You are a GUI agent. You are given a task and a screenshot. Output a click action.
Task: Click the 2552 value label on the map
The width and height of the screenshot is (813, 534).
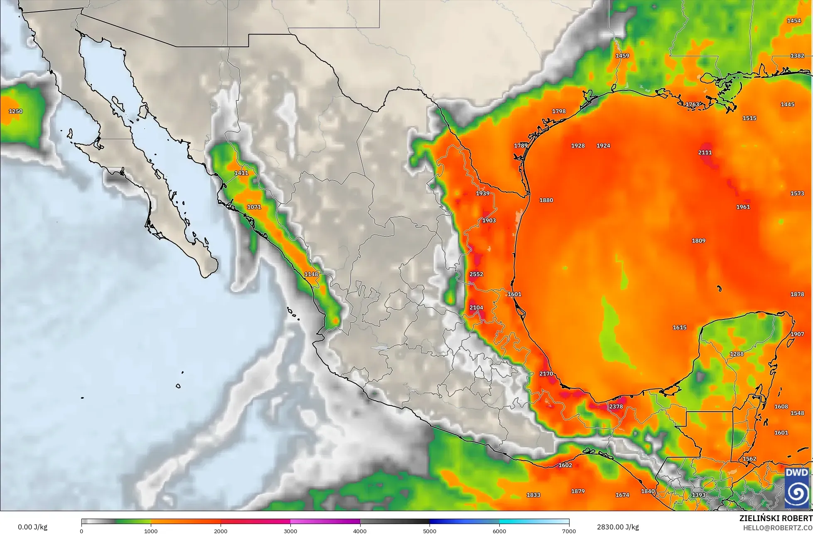pos(476,274)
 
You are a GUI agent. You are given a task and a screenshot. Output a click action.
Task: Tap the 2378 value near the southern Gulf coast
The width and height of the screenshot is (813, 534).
pos(616,407)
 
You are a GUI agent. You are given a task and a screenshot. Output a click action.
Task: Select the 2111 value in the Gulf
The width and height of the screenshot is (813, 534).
pos(705,152)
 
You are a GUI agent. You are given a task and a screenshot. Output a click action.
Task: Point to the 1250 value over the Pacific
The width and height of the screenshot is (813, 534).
pos(16,111)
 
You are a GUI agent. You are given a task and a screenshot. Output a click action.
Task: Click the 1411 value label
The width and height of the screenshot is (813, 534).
pos(241,173)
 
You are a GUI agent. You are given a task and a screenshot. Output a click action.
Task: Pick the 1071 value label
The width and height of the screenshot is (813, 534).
pos(254,207)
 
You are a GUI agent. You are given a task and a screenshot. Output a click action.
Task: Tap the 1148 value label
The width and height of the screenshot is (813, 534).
pos(311,274)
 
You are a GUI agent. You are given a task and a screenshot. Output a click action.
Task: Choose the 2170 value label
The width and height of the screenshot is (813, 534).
pos(546,374)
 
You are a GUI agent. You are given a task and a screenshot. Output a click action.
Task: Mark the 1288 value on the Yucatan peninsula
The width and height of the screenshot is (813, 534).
pos(737,354)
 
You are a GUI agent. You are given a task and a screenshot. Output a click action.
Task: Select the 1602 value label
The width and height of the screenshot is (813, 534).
pos(565,466)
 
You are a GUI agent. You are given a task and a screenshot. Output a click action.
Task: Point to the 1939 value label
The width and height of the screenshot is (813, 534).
pos(482,193)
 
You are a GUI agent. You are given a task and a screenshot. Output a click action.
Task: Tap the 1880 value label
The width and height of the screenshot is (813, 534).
pos(546,200)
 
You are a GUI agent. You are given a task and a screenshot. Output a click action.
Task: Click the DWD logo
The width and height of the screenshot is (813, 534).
pos(797,488)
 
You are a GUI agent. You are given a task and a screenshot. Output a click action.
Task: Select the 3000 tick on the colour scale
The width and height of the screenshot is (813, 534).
pos(290,531)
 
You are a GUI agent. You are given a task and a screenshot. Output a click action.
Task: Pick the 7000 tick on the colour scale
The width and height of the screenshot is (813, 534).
pos(569,531)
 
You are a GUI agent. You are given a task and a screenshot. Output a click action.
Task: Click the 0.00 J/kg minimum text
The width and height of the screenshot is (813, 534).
pos(32,527)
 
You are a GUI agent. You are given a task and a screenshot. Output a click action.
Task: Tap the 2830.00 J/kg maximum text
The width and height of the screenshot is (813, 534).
pos(618,527)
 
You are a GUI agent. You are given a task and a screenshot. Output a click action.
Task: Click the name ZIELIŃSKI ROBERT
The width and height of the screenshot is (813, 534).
pos(776,518)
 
